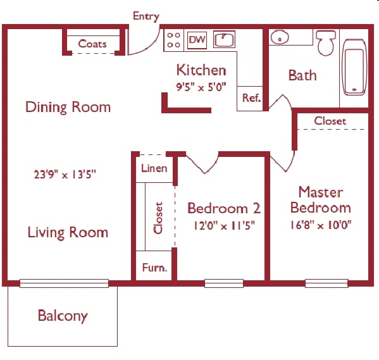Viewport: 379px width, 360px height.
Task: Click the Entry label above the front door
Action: (x=146, y=16)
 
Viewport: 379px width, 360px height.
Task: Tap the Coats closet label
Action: (x=92, y=44)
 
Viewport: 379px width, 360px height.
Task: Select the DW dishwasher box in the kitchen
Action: (x=197, y=40)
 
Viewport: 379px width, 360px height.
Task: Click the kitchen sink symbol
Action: (x=224, y=40)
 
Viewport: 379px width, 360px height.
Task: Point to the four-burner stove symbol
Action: (x=173, y=40)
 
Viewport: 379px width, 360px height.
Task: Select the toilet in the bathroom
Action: (x=326, y=43)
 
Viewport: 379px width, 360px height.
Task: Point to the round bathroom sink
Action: (x=279, y=38)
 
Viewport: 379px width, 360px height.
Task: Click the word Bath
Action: (x=302, y=75)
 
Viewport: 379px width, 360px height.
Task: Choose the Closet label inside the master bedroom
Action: (x=330, y=120)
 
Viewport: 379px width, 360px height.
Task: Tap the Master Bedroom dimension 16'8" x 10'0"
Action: (x=320, y=224)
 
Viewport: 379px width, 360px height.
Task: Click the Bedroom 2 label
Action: (x=224, y=208)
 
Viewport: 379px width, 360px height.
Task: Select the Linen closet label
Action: (x=154, y=168)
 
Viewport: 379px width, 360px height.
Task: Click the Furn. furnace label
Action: (x=154, y=268)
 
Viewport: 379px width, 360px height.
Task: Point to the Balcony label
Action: (x=63, y=315)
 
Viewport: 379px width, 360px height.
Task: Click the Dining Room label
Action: (x=68, y=107)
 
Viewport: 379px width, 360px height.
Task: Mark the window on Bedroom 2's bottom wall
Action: (x=223, y=283)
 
